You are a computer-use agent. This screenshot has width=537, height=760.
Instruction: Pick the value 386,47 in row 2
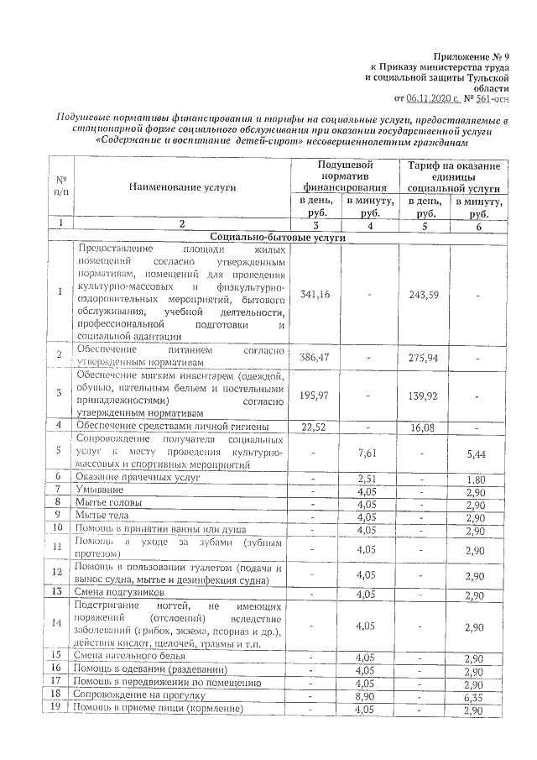(314, 357)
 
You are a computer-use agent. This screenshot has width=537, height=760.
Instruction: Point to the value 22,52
(314, 427)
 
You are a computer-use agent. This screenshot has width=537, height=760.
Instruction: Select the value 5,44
(476, 453)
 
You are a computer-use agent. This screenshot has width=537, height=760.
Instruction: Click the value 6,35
(476, 696)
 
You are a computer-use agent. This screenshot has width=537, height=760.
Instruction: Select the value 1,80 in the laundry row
(476, 477)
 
